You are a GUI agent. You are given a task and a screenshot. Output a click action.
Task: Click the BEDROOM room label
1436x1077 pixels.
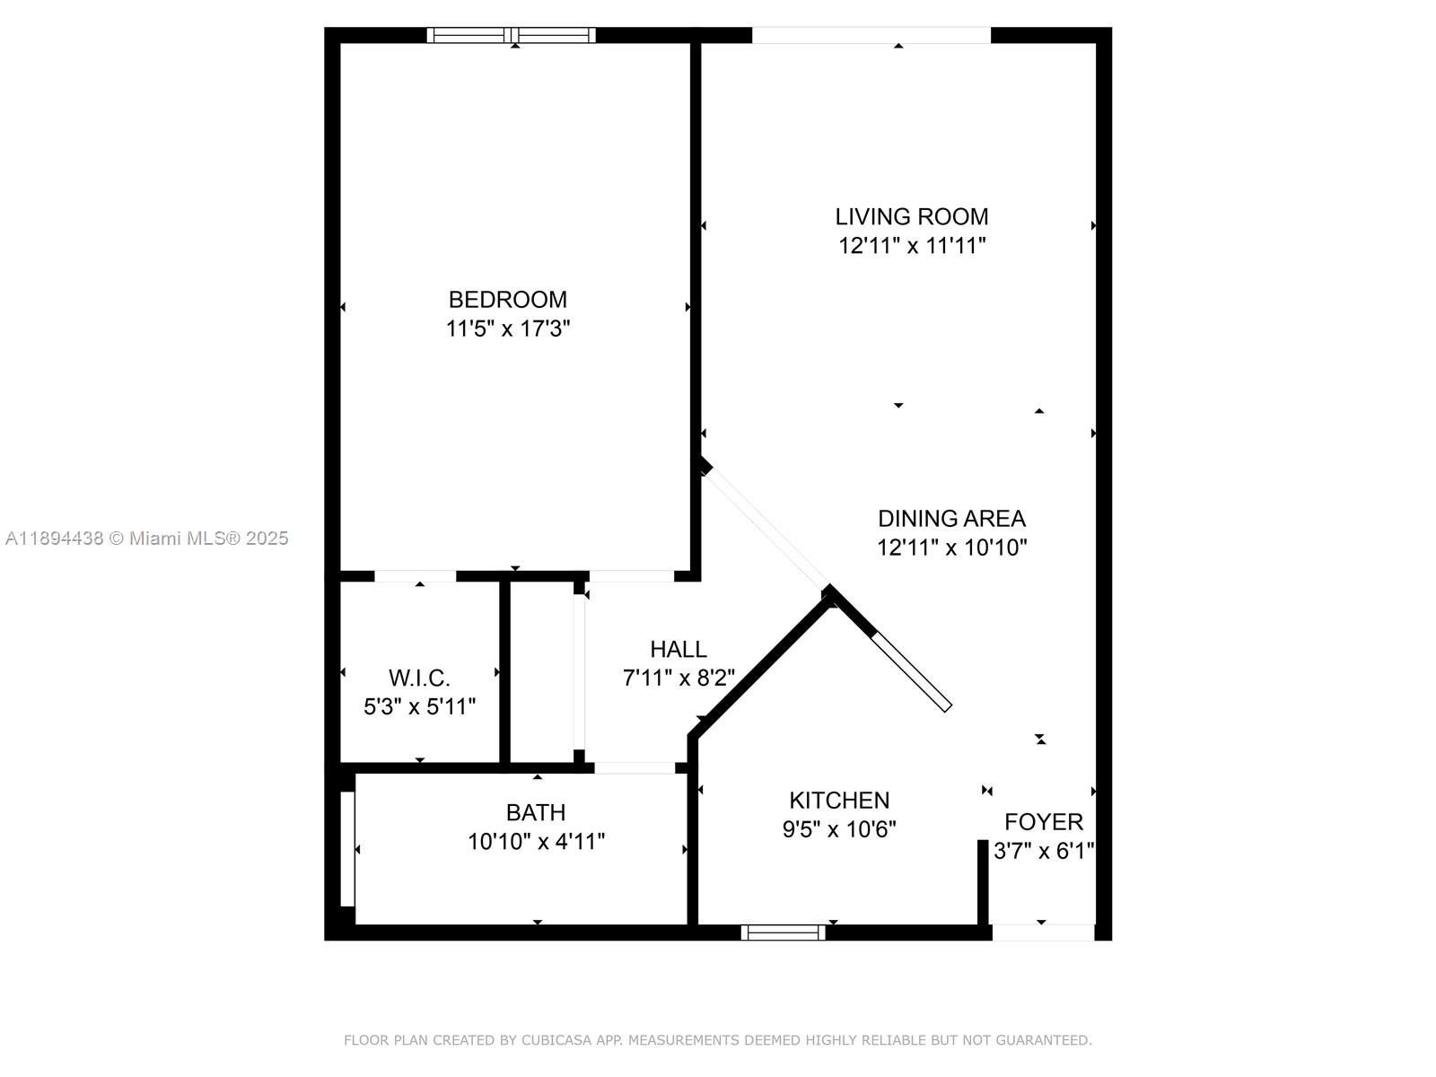click(508, 300)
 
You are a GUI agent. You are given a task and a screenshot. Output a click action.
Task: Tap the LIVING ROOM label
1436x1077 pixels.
click(911, 216)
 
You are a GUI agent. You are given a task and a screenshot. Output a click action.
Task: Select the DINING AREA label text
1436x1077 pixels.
click(951, 519)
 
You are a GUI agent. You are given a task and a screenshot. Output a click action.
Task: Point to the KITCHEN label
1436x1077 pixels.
click(838, 801)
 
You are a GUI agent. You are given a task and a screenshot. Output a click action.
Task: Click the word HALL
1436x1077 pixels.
click(679, 649)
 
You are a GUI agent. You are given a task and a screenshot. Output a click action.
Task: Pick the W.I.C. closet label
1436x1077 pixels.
click(419, 679)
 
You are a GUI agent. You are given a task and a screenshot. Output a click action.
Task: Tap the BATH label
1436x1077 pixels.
click(536, 813)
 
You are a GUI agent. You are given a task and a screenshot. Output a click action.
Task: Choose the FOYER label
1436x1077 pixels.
click(1044, 822)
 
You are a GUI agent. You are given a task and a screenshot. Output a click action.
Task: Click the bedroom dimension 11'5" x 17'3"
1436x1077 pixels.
click(508, 328)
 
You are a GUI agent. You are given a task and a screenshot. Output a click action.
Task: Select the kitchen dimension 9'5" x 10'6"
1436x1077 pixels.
click(838, 829)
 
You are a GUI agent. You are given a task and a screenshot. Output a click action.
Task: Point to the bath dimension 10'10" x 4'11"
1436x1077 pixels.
click(536, 842)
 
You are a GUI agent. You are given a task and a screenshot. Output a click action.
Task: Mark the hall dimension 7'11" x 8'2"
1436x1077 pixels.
click(679, 679)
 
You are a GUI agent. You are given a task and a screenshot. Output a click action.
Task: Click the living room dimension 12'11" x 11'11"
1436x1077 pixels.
click(911, 246)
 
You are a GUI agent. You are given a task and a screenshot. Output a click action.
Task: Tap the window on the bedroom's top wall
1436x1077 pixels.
click(511, 35)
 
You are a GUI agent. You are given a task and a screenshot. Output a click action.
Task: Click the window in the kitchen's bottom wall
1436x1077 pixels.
click(784, 933)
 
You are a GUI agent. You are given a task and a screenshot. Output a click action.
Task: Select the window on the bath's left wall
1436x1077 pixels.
click(347, 849)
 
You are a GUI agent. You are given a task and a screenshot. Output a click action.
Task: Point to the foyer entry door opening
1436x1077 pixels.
click(1044, 933)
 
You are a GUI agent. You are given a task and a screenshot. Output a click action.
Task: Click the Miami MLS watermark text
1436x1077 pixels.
click(146, 538)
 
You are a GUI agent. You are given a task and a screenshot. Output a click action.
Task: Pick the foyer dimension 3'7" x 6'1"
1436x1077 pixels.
click(1044, 851)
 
